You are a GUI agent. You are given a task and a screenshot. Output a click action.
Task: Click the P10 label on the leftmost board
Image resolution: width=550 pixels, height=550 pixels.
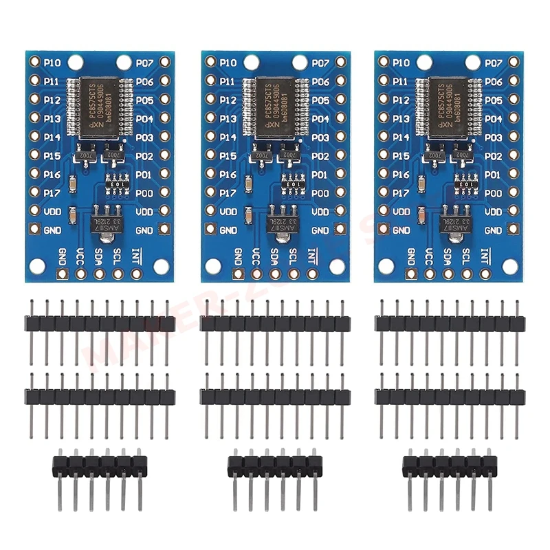click(52, 63)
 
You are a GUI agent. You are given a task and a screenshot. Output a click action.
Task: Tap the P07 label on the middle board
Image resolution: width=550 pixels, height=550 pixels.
click(320, 63)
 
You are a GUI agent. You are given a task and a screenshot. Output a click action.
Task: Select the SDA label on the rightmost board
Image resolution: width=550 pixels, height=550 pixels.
click(449, 256)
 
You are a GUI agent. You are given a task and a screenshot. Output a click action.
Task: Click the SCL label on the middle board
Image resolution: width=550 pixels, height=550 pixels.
click(293, 256)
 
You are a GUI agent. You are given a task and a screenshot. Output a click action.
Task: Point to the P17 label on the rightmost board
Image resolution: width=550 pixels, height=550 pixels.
click(402, 193)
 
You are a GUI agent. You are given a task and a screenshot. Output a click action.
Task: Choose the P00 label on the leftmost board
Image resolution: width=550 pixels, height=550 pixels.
click(144, 193)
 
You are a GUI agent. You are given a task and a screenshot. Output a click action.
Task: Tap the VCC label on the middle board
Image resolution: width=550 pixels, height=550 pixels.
click(256, 256)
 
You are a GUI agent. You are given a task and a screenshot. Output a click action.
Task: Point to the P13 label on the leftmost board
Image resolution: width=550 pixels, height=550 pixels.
click(52, 119)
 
